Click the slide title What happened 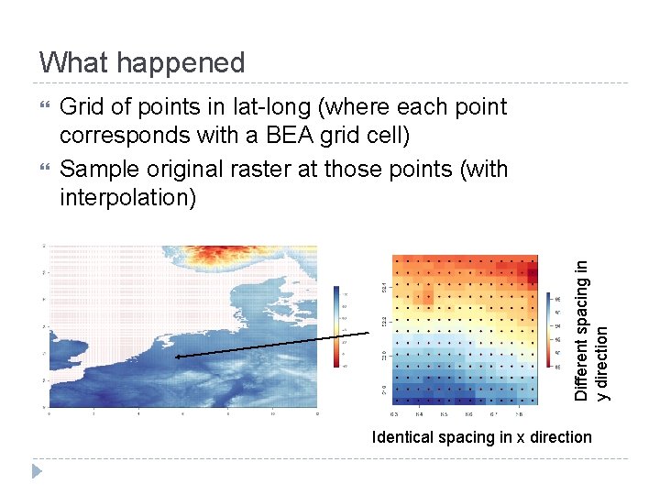142,62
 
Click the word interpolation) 127,198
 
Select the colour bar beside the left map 338,326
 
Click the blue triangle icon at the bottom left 37,471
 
